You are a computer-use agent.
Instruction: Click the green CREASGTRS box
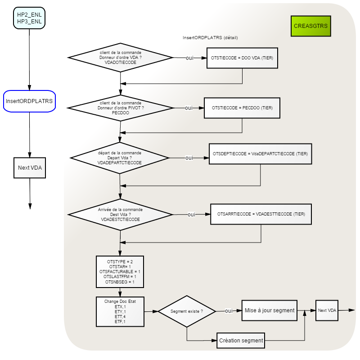310,26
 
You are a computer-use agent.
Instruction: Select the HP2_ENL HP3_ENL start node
29,18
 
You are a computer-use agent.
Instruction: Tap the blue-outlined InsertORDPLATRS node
29,101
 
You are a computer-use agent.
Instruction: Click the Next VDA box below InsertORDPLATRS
30,168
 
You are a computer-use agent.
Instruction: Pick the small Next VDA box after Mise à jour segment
327,310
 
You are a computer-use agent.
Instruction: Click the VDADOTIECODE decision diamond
120,58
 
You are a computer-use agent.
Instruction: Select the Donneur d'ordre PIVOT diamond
121,108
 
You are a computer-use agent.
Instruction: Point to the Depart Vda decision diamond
120,158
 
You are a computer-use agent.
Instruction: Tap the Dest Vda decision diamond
120,215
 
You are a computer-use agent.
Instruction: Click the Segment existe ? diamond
187,311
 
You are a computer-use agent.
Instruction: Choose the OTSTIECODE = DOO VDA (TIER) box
242,58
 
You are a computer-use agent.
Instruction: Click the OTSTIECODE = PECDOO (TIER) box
242,108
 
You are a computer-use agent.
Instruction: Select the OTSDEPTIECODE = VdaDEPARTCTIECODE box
261,154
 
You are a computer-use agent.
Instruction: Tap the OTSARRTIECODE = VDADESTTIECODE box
261,214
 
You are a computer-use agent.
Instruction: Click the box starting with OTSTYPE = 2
120,272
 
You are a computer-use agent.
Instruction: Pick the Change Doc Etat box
120,311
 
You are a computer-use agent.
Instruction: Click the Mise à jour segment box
269,310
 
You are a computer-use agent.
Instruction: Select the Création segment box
241,341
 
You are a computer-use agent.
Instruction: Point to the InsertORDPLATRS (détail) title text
210,38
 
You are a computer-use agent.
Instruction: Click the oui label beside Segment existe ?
229,311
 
